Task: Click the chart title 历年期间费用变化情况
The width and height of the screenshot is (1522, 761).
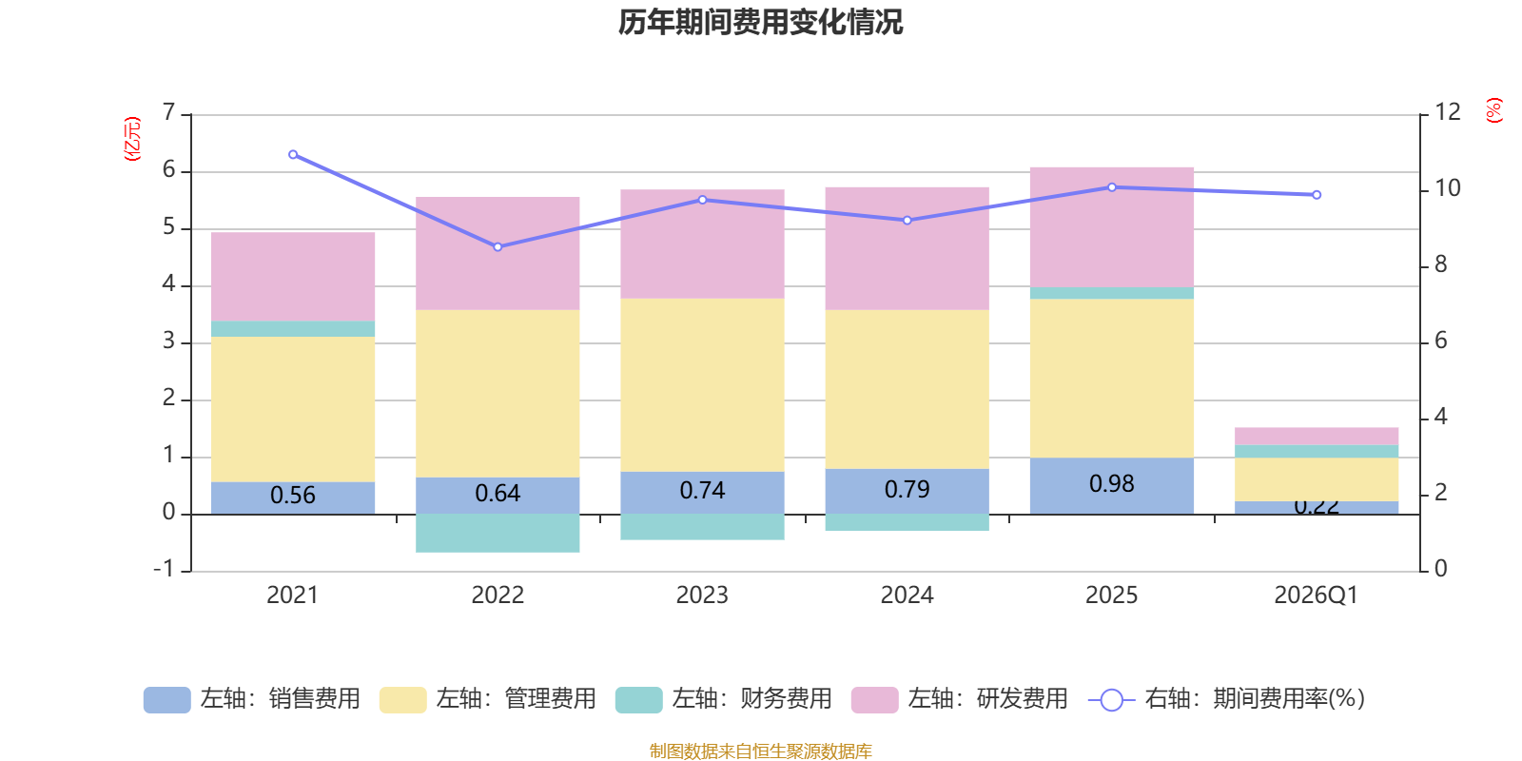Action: coord(760,22)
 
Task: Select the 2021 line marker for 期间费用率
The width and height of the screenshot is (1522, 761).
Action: coord(293,154)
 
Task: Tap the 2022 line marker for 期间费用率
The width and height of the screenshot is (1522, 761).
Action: coord(498,247)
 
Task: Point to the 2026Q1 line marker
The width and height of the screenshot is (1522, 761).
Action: coord(1317,195)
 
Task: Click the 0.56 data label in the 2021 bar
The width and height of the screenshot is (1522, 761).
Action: coord(293,496)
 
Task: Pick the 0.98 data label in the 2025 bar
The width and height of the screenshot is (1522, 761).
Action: coord(1111,484)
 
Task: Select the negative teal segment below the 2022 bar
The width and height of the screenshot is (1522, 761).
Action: coord(498,534)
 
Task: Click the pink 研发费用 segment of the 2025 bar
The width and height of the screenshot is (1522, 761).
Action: coord(1111,226)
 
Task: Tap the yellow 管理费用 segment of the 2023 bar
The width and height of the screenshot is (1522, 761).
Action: coord(702,385)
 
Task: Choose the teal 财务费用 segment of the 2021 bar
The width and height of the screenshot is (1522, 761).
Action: coord(293,329)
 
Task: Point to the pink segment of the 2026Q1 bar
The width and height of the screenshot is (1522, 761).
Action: coord(1317,436)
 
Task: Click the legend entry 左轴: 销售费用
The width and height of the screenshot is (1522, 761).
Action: coord(253,699)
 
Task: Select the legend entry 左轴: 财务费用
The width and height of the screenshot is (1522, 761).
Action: coord(725,699)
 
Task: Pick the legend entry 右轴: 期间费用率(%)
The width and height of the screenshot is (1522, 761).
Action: coord(1227,699)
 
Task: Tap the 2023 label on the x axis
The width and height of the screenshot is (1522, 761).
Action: coord(702,595)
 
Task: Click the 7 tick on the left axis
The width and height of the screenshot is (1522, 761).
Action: coord(169,113)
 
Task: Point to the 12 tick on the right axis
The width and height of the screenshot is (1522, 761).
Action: coord(1448,112)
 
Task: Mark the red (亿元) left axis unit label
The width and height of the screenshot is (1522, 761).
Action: coord(132,139)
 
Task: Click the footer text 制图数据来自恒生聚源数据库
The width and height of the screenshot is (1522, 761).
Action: coord(760,751)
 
